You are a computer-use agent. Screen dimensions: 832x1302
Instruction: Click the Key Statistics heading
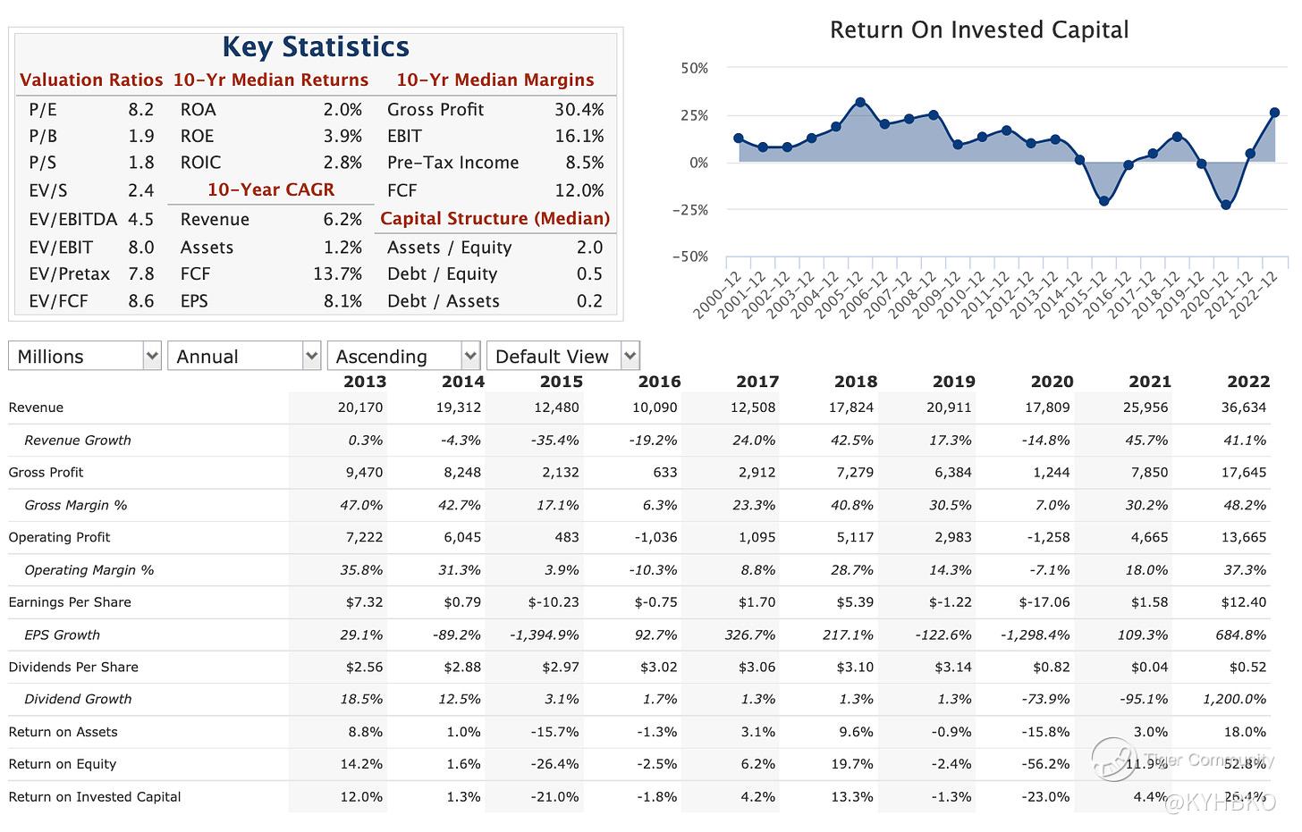[x=315, y=46]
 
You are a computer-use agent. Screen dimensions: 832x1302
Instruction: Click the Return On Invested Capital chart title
[x=978, y=30]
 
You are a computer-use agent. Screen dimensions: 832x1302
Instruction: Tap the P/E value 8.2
[x=140, y=110]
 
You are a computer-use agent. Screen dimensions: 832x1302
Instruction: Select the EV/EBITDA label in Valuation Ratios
[x=73, y=220]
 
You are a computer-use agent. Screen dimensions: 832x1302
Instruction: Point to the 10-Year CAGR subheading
[x=271, y=190]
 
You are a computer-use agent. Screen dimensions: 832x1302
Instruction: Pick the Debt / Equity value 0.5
[x=589, y=274]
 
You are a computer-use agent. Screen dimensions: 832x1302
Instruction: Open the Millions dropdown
[x=85, y=356]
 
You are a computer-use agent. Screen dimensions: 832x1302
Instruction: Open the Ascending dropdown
[x=403, y=356]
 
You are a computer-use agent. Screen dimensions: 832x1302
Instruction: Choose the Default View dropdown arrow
[x=630, y=356]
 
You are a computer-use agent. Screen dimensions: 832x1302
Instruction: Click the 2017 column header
[x=757, y=382]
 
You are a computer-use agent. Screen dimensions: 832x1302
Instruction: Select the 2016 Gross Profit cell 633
[x=663, y=473]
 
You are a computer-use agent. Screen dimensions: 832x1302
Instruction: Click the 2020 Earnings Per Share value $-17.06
[x=1044, y=602]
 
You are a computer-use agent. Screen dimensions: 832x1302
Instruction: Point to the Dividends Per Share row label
[x=73, y=667]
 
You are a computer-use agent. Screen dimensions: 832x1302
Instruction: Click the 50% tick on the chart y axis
[x=695, y=68]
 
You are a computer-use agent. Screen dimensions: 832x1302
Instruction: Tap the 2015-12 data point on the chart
[x=1103, y=201]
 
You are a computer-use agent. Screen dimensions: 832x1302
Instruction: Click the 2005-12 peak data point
[x=860, y=103]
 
